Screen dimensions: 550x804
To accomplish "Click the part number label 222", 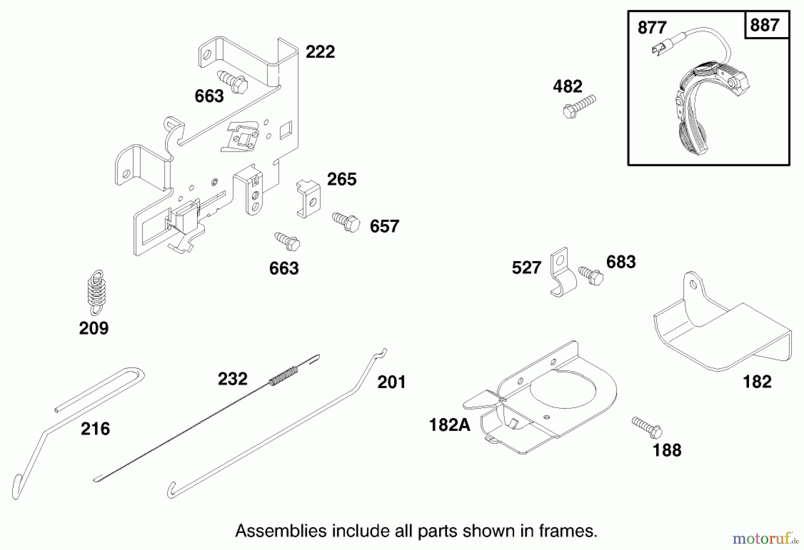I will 320,52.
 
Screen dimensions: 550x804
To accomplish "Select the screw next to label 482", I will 579,106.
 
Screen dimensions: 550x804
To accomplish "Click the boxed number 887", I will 765,25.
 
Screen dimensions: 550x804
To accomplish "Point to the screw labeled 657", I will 347,222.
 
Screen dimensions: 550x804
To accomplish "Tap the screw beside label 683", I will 591,275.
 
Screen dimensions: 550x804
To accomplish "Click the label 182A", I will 449,425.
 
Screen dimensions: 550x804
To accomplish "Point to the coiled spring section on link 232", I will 283,375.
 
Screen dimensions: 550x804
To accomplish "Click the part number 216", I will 95,429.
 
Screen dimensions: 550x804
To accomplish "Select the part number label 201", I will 391,382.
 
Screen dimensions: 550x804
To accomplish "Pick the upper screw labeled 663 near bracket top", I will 233,81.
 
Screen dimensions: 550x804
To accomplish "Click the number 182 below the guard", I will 757,382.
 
